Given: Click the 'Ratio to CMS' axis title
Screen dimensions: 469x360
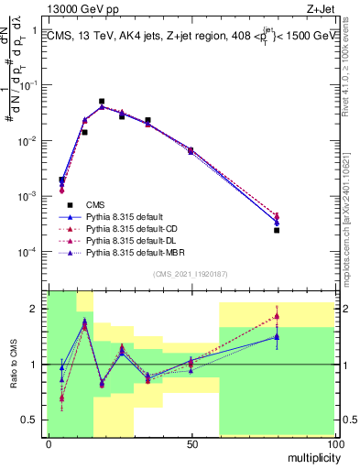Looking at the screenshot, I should [14, 364].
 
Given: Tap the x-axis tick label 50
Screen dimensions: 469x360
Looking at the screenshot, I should [191, 443].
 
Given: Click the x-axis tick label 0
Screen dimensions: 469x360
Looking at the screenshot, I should [48, 443].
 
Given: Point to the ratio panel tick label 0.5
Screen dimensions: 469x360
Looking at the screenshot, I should [33, 420].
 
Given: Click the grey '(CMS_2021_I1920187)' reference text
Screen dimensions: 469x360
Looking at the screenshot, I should [191, 273].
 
